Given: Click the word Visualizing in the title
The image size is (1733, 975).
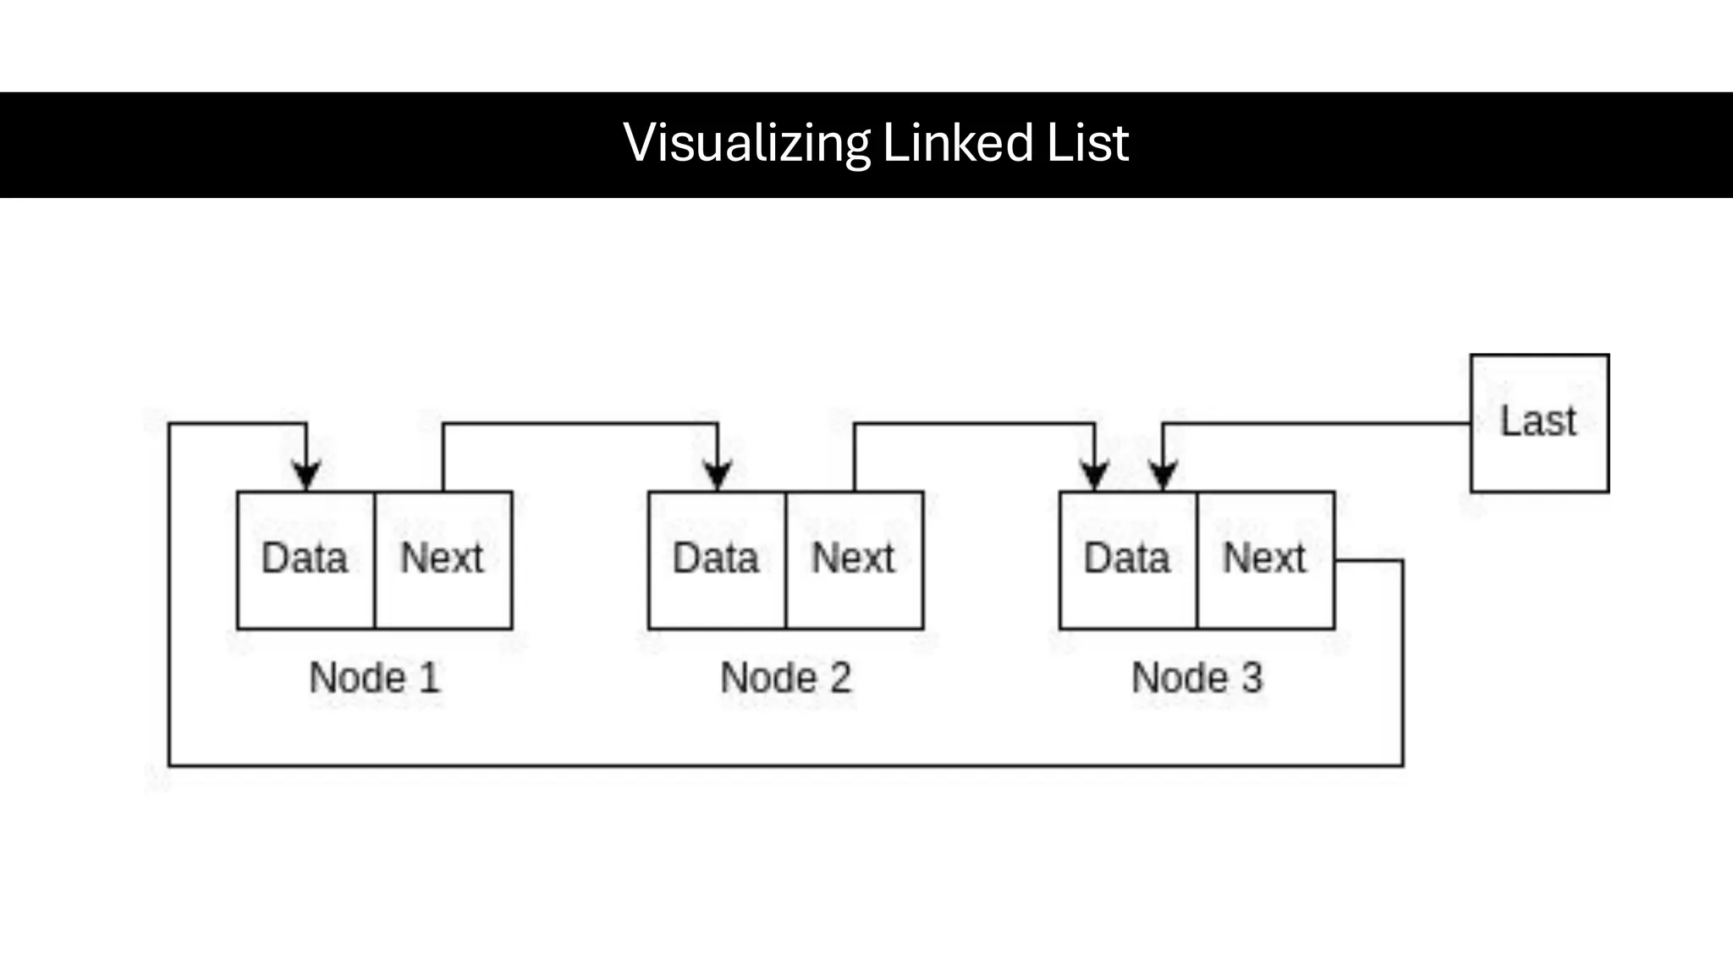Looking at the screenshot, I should [746, 142].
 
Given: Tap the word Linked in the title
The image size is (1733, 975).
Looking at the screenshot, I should [957, 142].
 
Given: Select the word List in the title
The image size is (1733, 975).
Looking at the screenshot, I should [1087, 142].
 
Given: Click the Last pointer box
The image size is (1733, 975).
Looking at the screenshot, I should [1539, 422].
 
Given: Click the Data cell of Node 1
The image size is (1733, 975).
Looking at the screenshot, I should [305, 559].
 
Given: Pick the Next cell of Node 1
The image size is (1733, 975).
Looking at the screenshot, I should [443, 559].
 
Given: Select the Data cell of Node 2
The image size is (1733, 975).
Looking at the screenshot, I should [717, 559].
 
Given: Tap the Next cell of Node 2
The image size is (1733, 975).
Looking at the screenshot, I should [854, 559].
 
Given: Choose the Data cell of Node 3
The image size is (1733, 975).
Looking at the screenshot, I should [1128, 559].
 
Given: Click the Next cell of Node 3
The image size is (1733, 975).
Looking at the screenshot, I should [1265, 559].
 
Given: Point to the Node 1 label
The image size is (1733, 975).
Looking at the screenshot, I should [374, 678].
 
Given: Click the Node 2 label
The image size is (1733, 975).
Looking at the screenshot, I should [785, 678].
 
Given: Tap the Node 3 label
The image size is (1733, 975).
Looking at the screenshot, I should [1197, 678].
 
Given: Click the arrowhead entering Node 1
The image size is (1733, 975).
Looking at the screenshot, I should [306, 476].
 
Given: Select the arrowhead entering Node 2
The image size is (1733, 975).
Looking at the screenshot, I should [718, 476].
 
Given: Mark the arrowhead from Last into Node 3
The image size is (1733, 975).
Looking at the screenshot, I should [1164, 476].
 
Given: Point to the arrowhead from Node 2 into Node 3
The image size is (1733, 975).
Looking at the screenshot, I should [1095, 476].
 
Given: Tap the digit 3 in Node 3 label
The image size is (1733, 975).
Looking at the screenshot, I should [1252, 678].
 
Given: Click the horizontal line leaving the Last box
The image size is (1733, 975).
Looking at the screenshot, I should [1320, 423].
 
